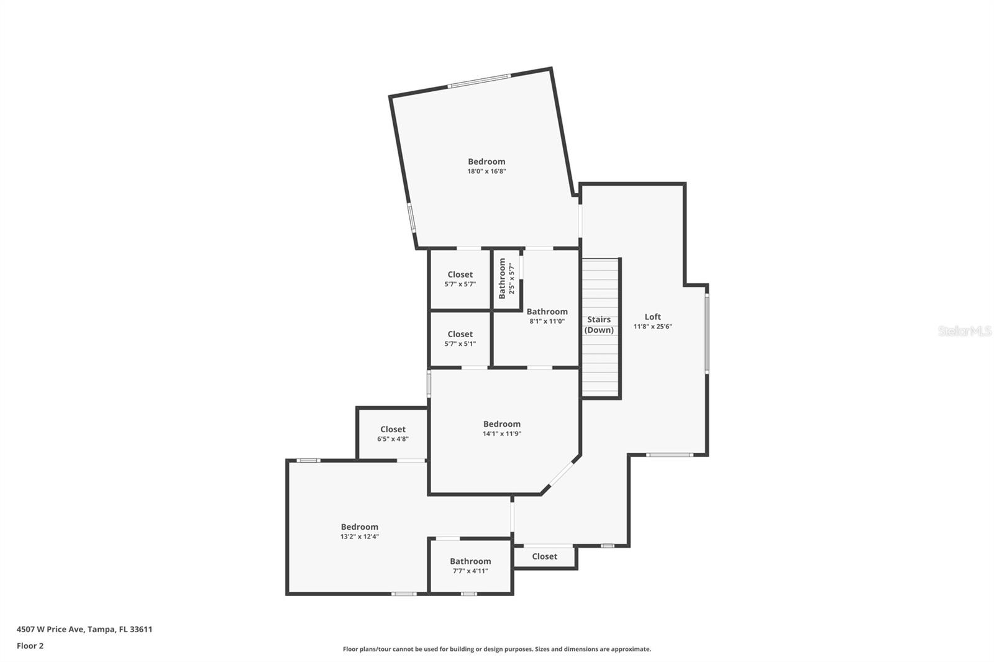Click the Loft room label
pyautogui.click(x=652, y=317)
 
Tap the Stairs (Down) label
pyautogui.click(x=599, y=324)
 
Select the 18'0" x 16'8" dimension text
pyautogui.click(x=486, y=171)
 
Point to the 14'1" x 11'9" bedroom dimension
pyautogui.click(x=502, y=433)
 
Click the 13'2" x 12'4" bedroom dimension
pyautogui.click(x=360, y=537)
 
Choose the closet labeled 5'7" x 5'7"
pyautogui.click(x=460, y=279)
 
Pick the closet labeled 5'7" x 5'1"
pyautogui.click(x=460, y=338)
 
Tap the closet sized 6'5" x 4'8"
pyautogui.click(x=393, y=433)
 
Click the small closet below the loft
pyautogui.click(x=544, y=556)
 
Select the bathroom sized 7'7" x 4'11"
pyautogui.click(x=470, y=566)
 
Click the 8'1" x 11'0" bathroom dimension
pyautogui.click(x=547, y=321)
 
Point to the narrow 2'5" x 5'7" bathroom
pyautogui.click(x=506, y=279)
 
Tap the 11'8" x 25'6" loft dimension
pyautogui.click(x=653, y=327)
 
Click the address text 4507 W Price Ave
pyautogui.click(x=50, y=629)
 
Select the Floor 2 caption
pyautogui.click(x=30, y=646)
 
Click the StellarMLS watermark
pyautogui.click(x=965, y=331)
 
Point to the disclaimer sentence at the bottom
pyautogui.click(x=497, y=649)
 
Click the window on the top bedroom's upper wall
pyautogui.click(x=479, y=81)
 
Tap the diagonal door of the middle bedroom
pyautogui.click(x=561, y=474)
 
